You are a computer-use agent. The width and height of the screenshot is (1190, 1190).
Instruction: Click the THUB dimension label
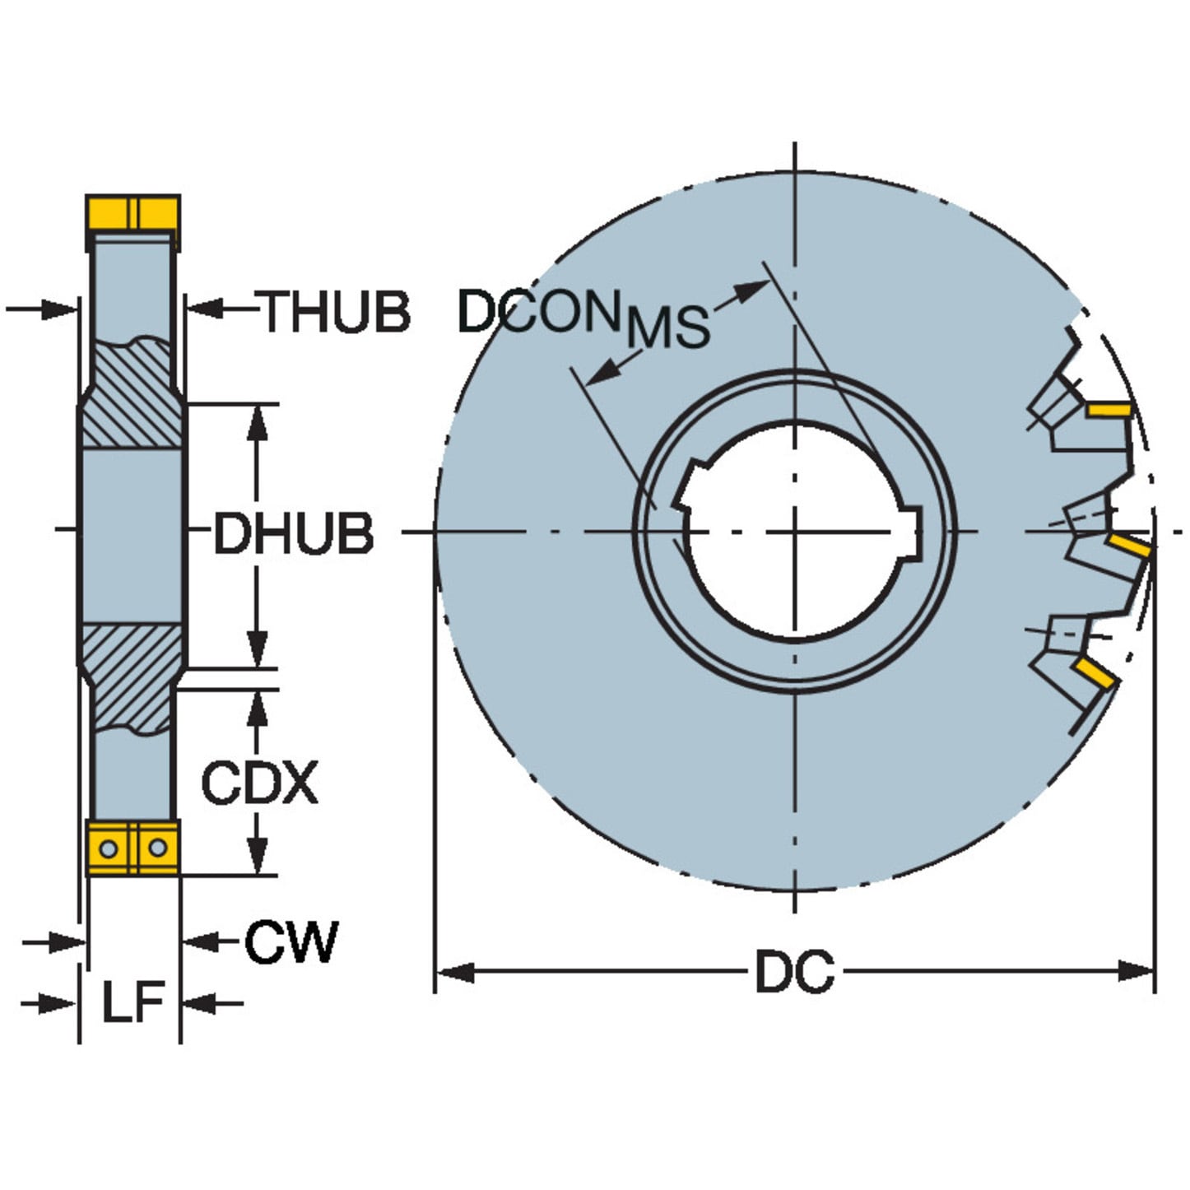[x=336, y=312]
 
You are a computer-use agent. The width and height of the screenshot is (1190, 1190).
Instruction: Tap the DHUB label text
[x=293, y=533]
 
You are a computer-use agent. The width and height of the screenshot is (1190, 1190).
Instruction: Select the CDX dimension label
[x=259, y=783]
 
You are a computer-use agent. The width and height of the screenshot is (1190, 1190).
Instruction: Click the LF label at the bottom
[x=132, y=1002]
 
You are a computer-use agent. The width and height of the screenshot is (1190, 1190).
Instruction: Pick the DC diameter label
[x=794, y=972]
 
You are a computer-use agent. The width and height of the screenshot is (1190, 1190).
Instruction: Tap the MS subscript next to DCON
[x=667, y=327]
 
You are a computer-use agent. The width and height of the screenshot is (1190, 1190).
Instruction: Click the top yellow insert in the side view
[x=132, y=214]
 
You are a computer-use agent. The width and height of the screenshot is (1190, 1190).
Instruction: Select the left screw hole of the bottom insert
[x=107, y=847]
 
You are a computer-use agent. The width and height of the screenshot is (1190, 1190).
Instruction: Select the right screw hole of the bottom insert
[x=157, y=847]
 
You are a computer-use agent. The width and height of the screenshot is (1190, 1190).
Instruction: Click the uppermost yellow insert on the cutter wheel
[x=1108, y=409]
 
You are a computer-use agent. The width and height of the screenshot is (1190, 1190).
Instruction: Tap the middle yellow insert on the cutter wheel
[x=1128, y=545]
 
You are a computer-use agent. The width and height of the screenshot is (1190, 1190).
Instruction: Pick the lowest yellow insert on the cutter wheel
[x=1095, y=674]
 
